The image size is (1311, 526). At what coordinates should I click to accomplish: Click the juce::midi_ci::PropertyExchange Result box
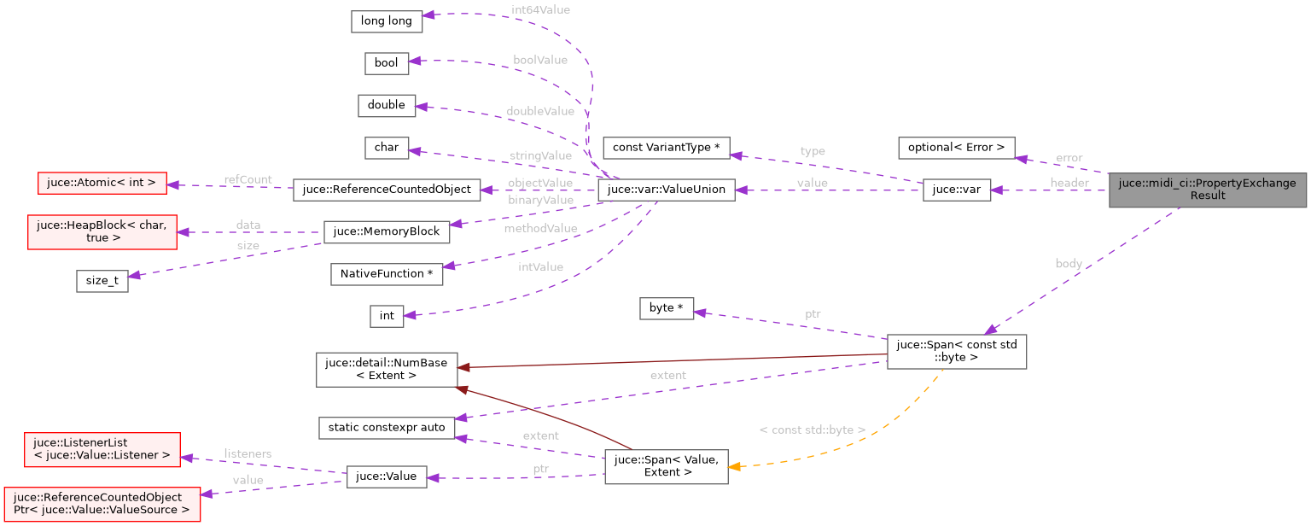tap(1208, 189)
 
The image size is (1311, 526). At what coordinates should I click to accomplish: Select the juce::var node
tap(956, 190)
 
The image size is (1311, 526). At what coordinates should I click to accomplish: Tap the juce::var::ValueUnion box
tap(667, 190)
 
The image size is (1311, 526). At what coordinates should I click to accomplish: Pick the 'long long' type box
tap(387, 21)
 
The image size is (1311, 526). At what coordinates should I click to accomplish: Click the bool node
tap(387, 63)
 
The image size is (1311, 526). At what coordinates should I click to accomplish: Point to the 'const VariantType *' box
tap(667, 148)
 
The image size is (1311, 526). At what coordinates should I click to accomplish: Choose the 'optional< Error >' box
tap(956, 148)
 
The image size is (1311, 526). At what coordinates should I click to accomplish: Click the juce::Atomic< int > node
tap(102, 183)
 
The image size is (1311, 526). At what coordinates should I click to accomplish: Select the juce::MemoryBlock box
tap(387, 231)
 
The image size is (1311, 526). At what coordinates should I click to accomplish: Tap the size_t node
tap(102, 281)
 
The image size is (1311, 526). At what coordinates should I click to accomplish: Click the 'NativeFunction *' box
tap(387, 273)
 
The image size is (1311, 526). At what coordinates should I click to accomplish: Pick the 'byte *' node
tap(667, 308)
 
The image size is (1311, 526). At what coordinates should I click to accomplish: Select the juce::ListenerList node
tap(102, 448)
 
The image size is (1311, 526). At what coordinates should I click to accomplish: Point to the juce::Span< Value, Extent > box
tap(667, 465)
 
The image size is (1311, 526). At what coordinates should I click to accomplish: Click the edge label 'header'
tap(1069, 183)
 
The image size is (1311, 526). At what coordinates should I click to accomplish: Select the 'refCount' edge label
tap(248, 179)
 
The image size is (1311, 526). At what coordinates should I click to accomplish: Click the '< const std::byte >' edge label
tap(812, 430)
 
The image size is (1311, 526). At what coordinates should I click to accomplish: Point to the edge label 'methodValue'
tap(539, 228)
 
